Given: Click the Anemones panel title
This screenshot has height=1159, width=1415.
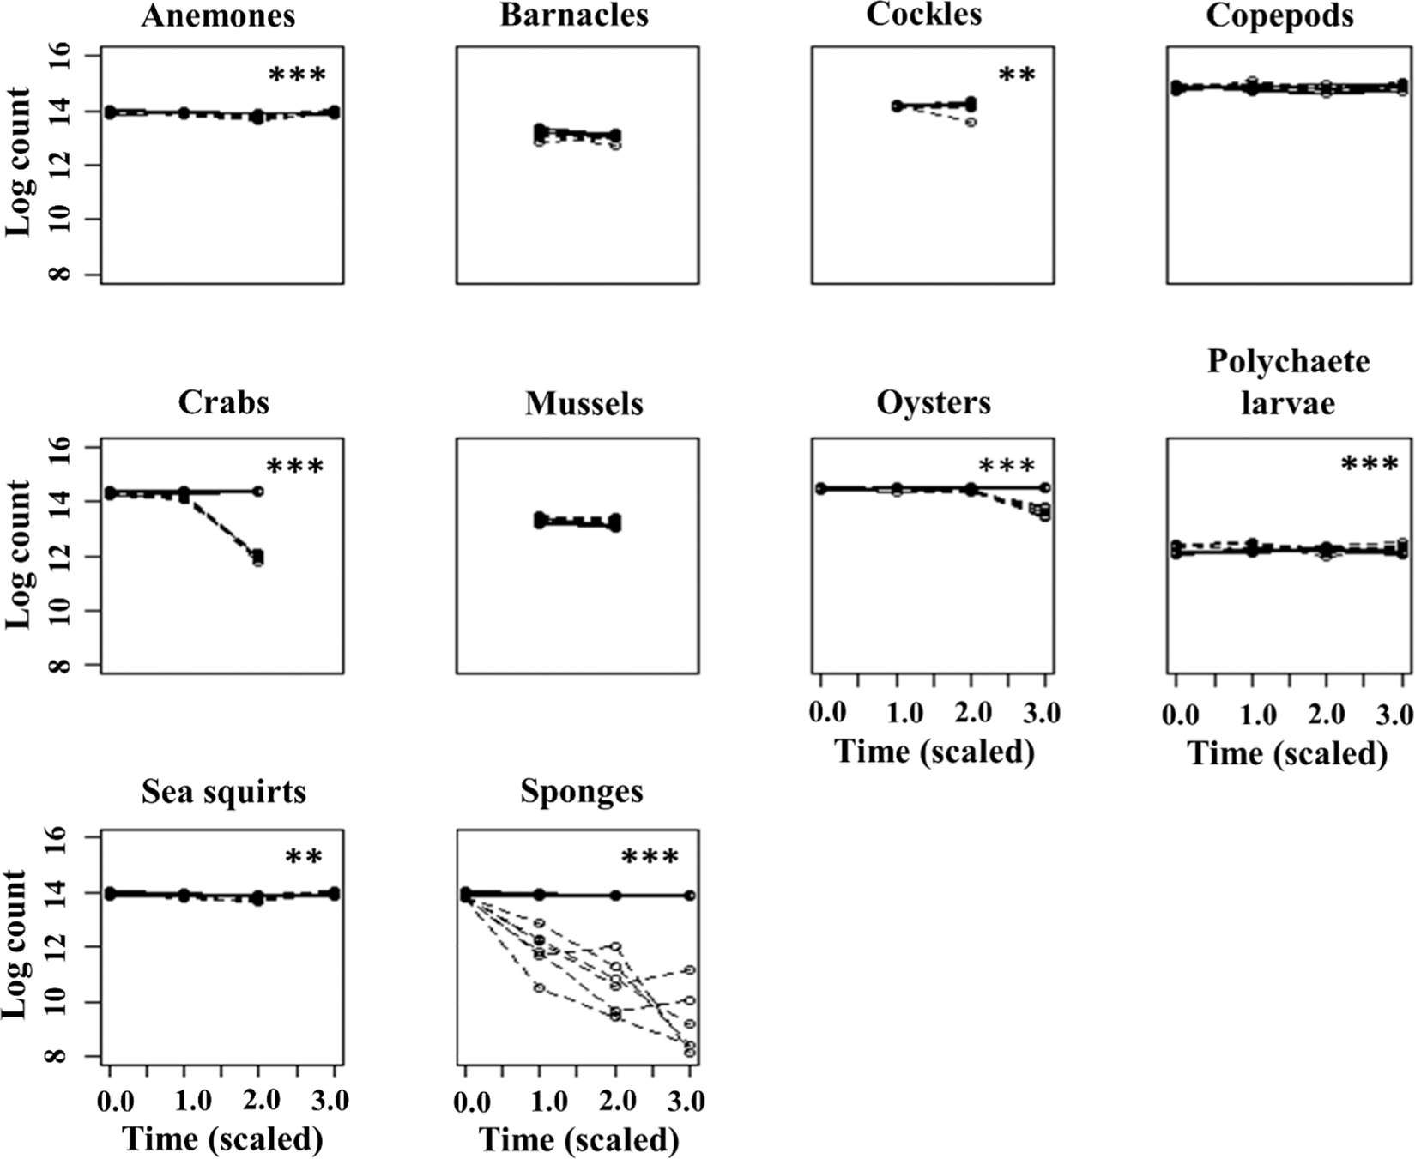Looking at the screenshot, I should [x=218, y=15].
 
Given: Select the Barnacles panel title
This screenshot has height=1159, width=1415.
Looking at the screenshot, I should [x=574, y=15].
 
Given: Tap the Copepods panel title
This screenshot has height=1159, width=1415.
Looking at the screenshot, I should [x=1279, y=15].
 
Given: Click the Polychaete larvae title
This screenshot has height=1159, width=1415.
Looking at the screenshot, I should [x=1288, y=382].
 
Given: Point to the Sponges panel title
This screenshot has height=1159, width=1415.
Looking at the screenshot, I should [x=581, y=791].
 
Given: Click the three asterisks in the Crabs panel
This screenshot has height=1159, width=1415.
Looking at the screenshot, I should [x=295, y=468].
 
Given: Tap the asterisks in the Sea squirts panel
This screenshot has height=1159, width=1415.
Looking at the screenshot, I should [x=304, y=857].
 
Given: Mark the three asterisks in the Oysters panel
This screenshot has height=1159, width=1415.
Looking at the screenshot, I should [x=1007, y=468].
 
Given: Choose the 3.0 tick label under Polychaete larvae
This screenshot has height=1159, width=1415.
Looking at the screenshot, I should [x=1393, y=714].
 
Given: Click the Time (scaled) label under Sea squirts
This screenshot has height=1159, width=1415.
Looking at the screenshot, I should [x=223, y=1139].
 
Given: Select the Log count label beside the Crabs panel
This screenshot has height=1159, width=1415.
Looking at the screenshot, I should [x=19, y=554].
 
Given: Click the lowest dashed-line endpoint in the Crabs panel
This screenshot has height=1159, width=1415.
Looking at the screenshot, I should [x=257, y=561].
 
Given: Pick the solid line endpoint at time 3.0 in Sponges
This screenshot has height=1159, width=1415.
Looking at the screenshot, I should [x=690, y=896].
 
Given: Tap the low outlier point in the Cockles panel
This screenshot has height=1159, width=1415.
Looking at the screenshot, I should [x=971, y=123].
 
